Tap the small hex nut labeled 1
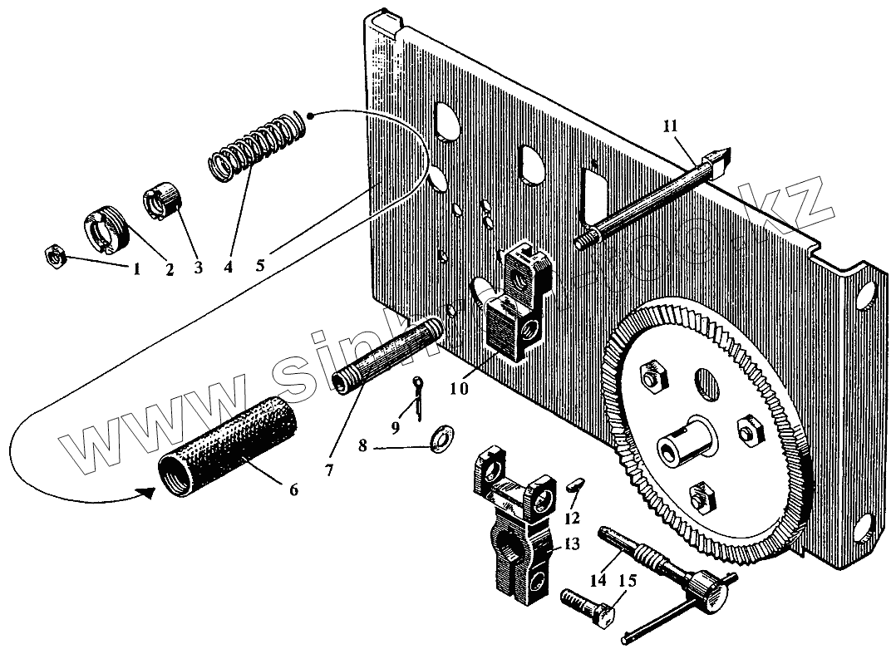coord(55,258)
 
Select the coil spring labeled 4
coord(256,146)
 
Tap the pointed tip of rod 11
coord(722,154)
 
